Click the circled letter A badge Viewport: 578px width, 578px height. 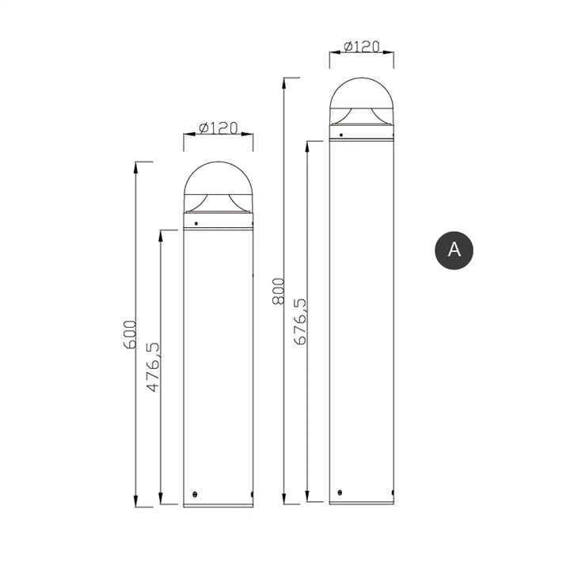[x=454, y=249]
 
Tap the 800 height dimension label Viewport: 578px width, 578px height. [x=276, y=291]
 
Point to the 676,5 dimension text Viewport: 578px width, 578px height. [x=300, y=321]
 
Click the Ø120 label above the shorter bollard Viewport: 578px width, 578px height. [x=219, y=127]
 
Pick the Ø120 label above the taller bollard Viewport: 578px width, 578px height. [x=362, y=47]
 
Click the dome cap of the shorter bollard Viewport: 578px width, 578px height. [x=219, y=179]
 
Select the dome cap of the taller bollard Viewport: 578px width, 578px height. [x=362, y=93]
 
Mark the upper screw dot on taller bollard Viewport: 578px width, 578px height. [x=341, y=135]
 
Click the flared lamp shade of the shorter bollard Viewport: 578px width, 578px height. [x=219, y=204]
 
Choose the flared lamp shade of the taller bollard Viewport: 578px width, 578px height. [x=362, y=116]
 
